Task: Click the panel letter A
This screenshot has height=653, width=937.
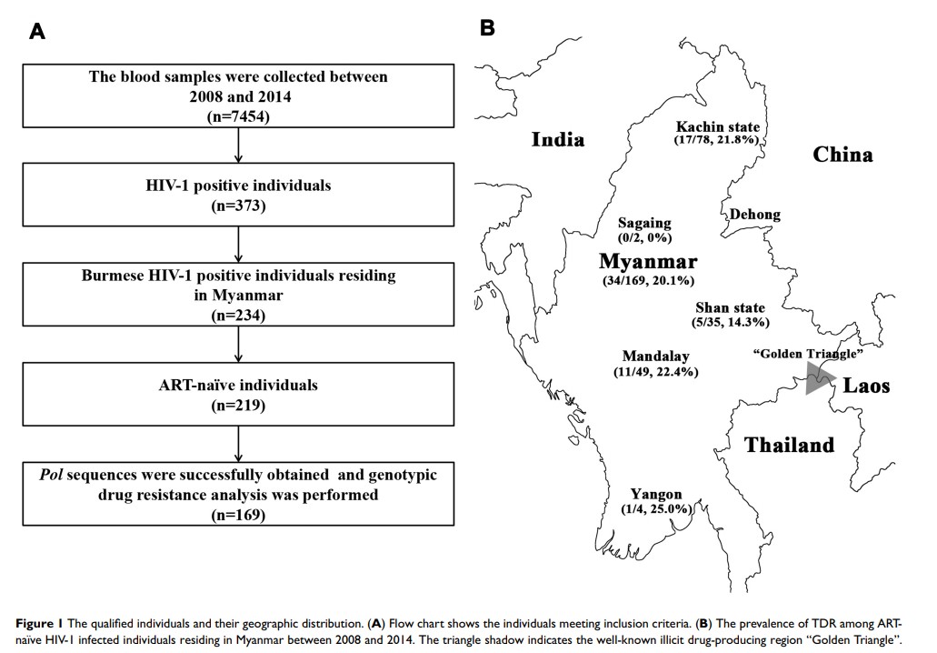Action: pos(37,32)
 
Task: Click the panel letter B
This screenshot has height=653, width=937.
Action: pos(487,29)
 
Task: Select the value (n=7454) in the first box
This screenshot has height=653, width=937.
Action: pos(237,116)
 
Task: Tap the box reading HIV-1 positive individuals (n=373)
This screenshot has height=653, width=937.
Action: pos(237,195)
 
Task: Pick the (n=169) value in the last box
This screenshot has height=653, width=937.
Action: pos(237,516)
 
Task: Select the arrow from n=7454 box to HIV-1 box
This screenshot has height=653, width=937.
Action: pos(237,145)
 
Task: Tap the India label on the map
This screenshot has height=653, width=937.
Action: pos(557,139)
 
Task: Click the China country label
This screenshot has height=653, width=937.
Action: pos(842,155)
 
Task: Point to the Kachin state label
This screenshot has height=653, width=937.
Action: pos(718,126)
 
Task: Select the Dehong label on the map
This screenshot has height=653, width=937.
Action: pos(754,215)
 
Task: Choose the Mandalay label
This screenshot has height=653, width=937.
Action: pos(655,356)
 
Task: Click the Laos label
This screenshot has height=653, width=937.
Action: pos(865,386)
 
